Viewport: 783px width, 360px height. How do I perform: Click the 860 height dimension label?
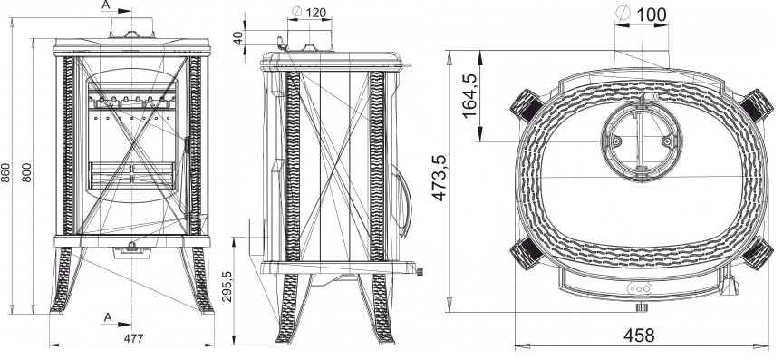click(x=5, y=172)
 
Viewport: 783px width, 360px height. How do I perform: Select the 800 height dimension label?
click(x=27, y=172)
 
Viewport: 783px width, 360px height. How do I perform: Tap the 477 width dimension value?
click(x=133, y=338)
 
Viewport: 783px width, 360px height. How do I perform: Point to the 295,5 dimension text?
click(x=227, y=287)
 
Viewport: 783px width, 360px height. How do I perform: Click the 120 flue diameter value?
click(x=316, y=12)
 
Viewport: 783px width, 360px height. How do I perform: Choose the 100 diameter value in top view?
click(x=652, y=15)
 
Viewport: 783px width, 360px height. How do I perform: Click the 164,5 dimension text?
click(x=470, y=96)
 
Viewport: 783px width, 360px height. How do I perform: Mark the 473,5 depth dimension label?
click(x=440, y=178)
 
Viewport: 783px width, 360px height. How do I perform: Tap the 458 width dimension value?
click(x=639, y=335)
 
